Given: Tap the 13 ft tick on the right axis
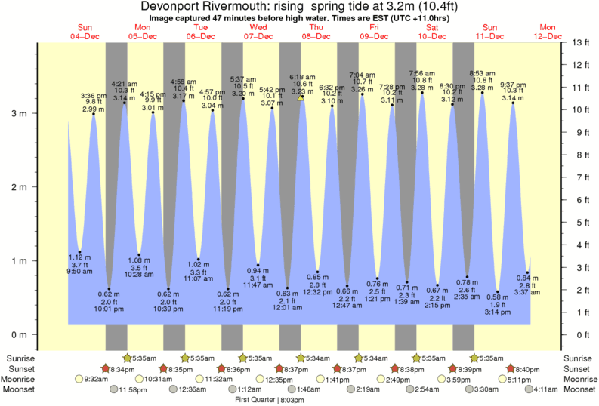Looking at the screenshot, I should point(578,42).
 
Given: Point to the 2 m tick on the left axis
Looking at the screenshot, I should point(17,187).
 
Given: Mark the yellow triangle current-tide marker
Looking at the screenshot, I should point(301,97).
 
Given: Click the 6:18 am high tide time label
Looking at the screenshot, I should point(301,76).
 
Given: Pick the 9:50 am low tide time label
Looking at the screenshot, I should point(79,271).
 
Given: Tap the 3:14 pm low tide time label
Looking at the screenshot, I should point(496,312).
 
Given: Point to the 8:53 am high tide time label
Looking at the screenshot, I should point(481,73).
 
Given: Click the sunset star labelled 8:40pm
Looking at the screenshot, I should point(511,368).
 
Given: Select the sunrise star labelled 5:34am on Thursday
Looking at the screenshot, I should point(301,358).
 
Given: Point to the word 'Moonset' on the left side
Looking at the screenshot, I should point(21,389).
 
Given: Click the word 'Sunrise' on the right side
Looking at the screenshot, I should point(578,358).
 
